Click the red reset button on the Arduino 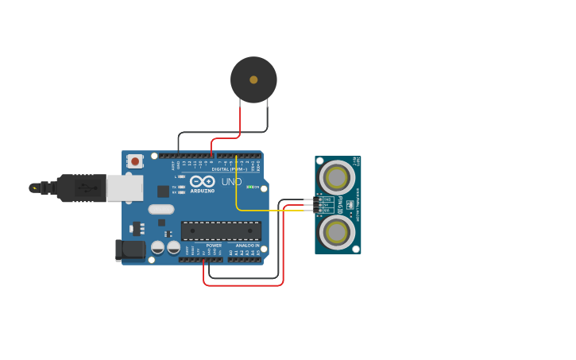pyautogui.click(x=135, y=161)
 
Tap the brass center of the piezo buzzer pyautogui.click(x=253, y=79)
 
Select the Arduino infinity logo pyautogui.click(x=203, y=182)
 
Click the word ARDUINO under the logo pyautogui.click(x=203, y=191)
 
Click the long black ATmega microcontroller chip pyautogui.click(x=221, y=230)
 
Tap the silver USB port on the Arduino pyautogui.click(x=125, y=188)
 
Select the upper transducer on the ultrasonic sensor pyautogui.click(x=337, y=176)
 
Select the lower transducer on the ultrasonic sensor pyautogui.click(x=337, y=233)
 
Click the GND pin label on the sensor pyautogui.click(x=327, y=199)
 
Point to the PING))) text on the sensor pyautogui.click(x=341, y=205)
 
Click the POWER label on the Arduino pyautogui.click(x=214, y=246)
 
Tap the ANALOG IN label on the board pyautogui.click(x=247, y=246)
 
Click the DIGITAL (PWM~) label pyautogui.click(x=228, y=169)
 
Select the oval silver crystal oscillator pyautogui.click(x=160, y=210)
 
